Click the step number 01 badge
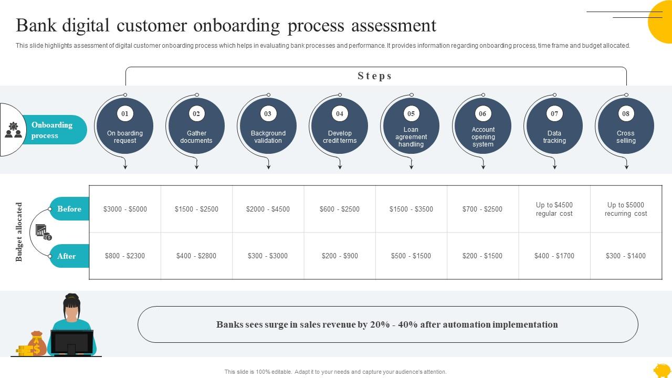125,113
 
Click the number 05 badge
411,113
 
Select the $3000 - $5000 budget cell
125,209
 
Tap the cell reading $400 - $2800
196,256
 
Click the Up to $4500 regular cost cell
554,209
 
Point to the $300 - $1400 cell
626,256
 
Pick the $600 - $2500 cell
340,209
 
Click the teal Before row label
70,209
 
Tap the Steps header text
375,76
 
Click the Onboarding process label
52,130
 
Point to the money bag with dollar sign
37,344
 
